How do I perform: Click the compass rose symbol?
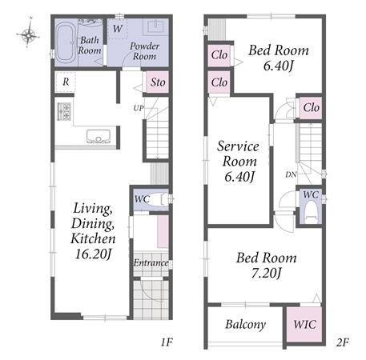[x=28, y=33]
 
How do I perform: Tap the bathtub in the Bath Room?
[x=66, y=42]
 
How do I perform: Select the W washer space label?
[x=118, y=28]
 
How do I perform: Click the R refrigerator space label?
[x=66, y=82]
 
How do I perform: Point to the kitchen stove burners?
[x=64, y=111]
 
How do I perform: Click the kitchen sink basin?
[x=99, y=136]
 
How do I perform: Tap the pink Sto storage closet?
[x=158, y=82]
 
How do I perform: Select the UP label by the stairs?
[x=139, y=108]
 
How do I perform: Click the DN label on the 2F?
[x=291, y=174]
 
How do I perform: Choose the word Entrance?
[x=151, y=262]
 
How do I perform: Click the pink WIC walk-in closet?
[x=304, y=324]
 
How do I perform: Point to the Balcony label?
[x=245, y=325]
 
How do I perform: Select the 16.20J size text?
[x=93, y=254]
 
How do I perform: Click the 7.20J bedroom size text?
[x=266, y=273]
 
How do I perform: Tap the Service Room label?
[x=238, y=154]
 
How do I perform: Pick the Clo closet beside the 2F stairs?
[x=311, y=107]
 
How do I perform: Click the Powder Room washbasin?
[x=155, y=27]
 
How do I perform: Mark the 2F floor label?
[x=343, y=342]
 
